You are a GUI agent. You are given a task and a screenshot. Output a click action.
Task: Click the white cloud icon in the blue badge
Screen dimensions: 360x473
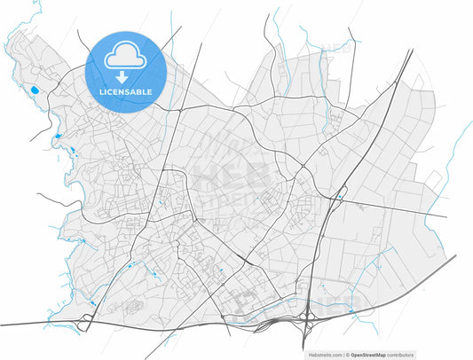coord(126,58)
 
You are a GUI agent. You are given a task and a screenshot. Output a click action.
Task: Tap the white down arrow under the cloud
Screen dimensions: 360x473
coord(126,75)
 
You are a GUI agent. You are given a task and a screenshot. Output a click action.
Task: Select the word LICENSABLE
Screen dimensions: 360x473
coord(126,91)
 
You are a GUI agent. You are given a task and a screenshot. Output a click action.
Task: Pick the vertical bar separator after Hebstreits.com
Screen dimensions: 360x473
coord(345,355)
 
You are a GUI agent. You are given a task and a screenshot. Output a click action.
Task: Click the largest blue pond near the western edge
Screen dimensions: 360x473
coord(35,90)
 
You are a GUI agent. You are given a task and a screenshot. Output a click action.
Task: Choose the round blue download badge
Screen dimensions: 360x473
coord(126,72)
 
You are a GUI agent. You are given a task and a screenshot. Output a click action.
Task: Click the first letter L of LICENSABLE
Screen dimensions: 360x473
coord(102,91)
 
